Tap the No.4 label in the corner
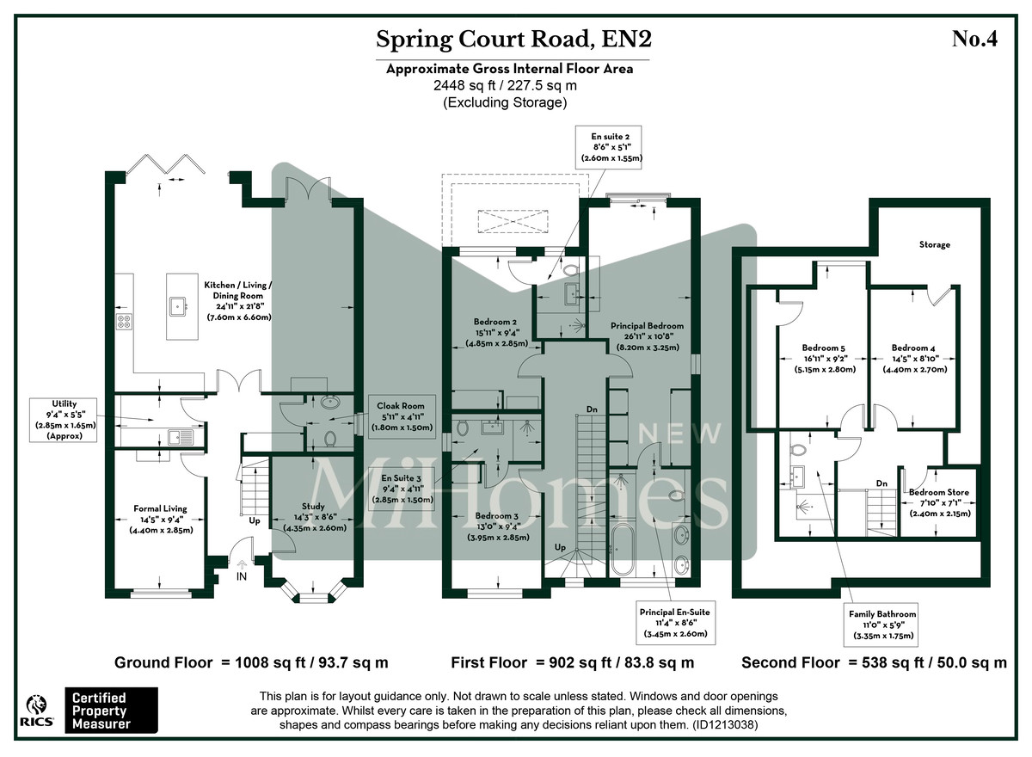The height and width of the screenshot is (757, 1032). (974, 40)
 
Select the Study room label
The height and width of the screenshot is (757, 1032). (313, 517)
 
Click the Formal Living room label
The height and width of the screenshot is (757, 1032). (160, 519)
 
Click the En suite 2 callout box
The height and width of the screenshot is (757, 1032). (617, 147)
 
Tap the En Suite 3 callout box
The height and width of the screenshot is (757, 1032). (400, 488)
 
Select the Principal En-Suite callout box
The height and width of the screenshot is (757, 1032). (675, 622)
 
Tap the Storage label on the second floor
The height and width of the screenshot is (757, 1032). (934, 245)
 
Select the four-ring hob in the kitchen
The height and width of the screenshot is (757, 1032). (123, 323)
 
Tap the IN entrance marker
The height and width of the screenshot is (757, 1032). (241, 575)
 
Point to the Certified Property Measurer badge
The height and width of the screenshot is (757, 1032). (112, 710)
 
